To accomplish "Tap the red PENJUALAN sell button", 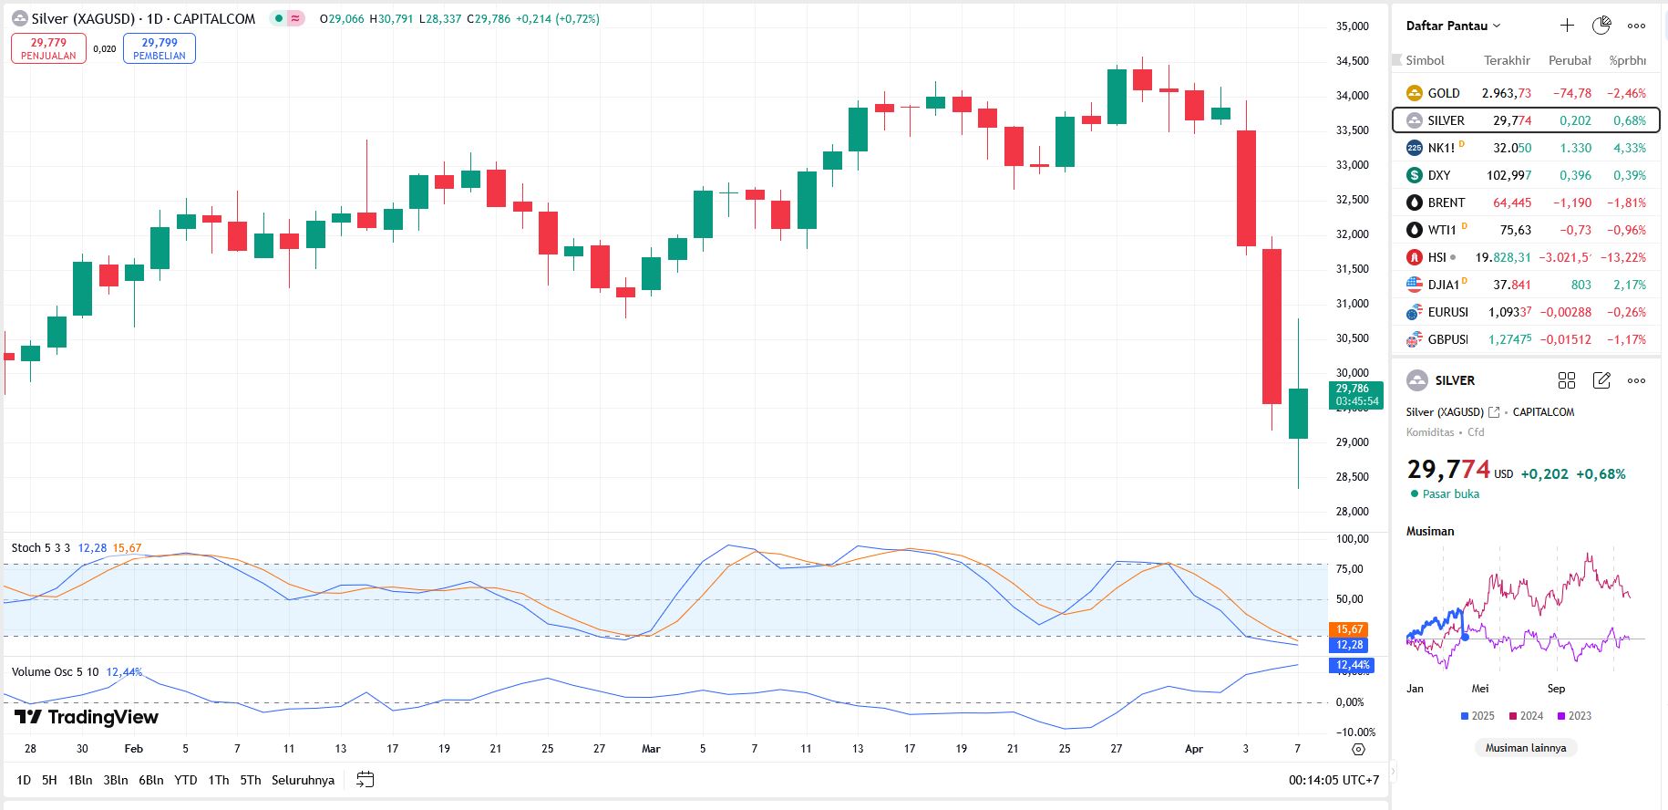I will coord(48,48).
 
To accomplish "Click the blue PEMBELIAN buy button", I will coord(160,48).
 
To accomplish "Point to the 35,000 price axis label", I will coord(1352,26).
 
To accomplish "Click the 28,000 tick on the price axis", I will coord(1352,512).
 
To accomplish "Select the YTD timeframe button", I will coord(186,780).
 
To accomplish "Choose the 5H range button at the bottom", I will coord(49,780).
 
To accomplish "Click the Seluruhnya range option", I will coord(303,780).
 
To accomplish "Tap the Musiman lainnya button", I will coord(1525,748).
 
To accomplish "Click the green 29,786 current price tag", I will coord(1356,395).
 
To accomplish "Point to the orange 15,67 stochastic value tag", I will coord(1349,629).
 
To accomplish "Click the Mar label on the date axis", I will coord(651,749).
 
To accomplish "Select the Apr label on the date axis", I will coord(1193,749).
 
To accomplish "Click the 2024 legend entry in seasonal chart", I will coord(1526,716).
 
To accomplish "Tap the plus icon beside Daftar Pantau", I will coord(1567,26).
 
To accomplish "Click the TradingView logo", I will coord(87,717).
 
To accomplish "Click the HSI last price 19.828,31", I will coord(1504,257).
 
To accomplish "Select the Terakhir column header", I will coord(1507,60).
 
